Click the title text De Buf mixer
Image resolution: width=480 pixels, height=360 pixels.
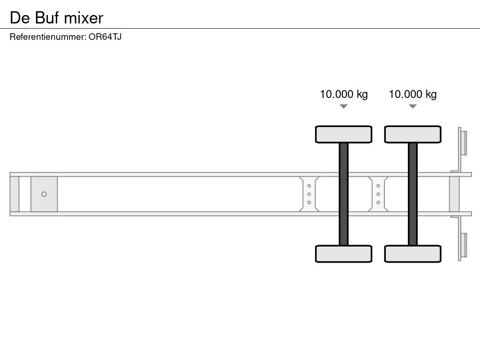56,18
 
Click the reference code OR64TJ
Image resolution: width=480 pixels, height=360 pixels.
105,37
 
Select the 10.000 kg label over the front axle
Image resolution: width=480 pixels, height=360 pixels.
344,94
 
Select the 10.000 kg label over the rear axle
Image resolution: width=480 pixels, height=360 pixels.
412,94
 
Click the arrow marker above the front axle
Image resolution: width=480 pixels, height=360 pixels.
344,106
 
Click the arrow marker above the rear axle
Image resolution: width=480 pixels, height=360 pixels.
412,106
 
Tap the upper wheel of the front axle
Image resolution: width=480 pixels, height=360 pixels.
344,134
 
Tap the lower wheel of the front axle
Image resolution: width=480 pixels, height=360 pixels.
344,254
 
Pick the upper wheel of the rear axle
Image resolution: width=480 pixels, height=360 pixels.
412,134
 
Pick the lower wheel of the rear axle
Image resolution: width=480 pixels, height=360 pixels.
412,254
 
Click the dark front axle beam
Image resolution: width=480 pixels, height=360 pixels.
344,194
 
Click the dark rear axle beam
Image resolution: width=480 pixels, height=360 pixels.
412,194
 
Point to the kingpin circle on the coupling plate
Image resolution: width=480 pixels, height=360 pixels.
44,194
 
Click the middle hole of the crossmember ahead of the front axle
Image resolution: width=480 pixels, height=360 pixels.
309,194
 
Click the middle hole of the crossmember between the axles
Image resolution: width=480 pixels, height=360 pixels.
378,194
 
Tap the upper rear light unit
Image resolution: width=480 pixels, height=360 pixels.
464,142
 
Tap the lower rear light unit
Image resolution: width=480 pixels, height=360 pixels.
464,245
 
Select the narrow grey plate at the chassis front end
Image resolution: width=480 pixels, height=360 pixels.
15,194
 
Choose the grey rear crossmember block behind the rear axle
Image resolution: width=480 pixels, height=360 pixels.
454,194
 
